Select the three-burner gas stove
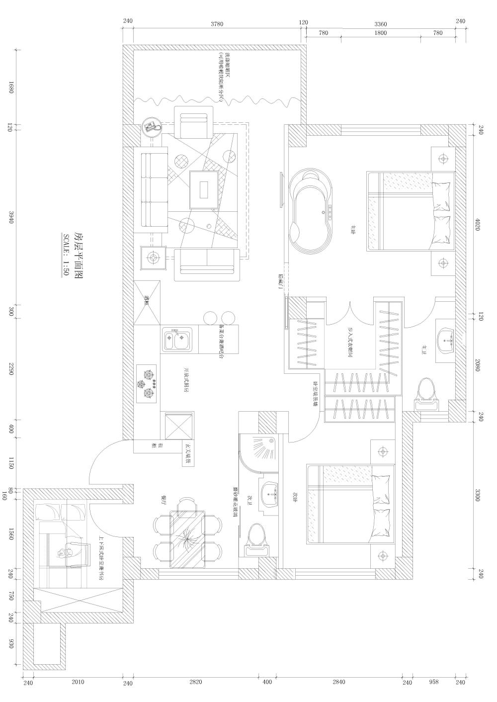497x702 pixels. click(x=147, y=384)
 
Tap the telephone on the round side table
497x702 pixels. click(x=151, y=127)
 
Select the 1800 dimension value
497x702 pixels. click(x=380, y=33)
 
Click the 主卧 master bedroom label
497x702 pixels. click(x=353, y=229)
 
